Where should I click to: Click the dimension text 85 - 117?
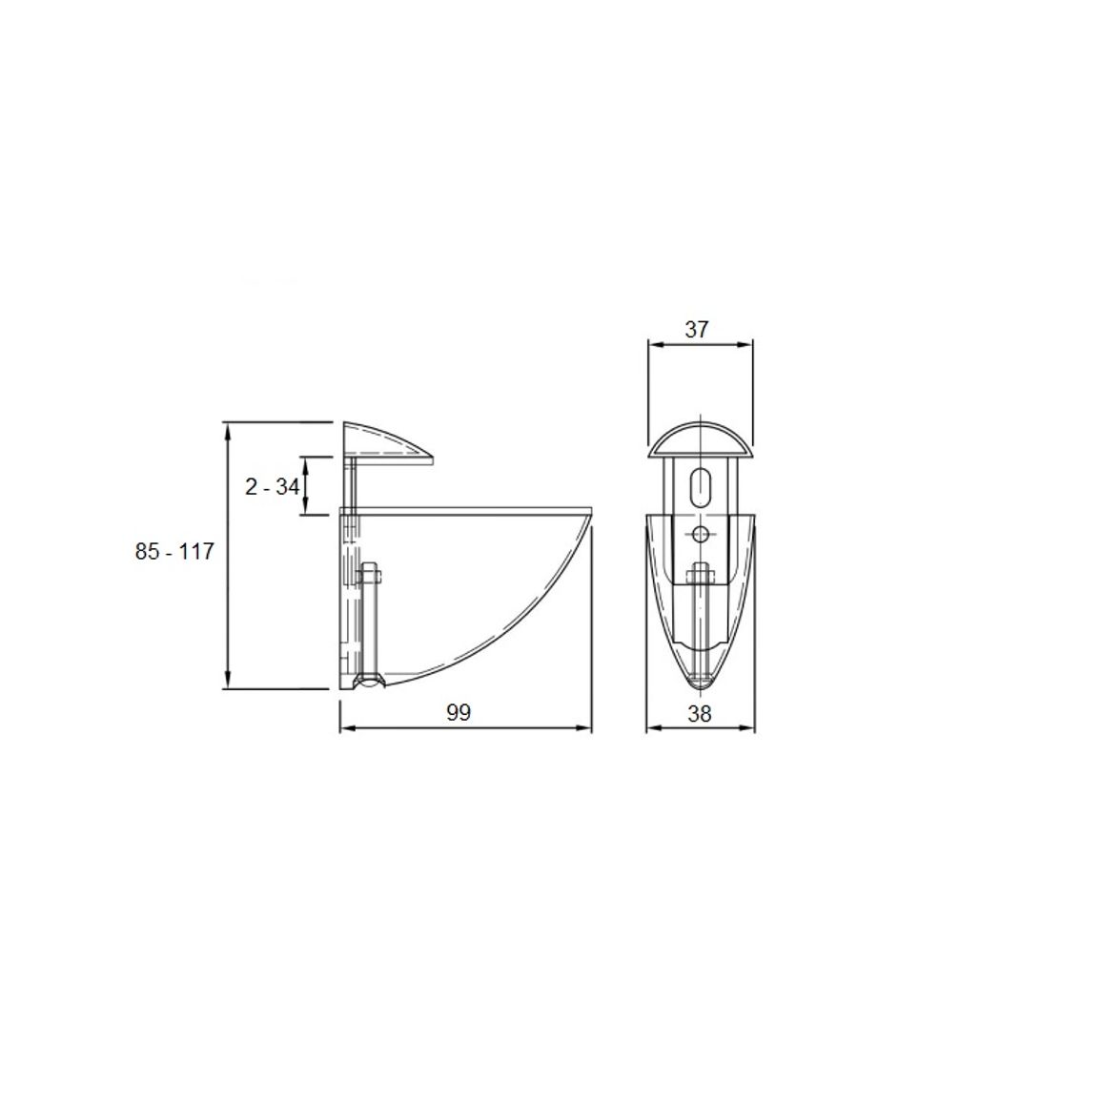[x=174, y=552]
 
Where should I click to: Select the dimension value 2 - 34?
[x=272, y=486]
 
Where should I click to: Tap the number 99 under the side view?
[x=459, y=713]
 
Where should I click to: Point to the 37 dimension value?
[x=697, y=329]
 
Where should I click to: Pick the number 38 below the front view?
[x=700, y=714]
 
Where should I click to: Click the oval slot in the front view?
[x=700, y=486]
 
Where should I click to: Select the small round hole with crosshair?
[x=700, y=535]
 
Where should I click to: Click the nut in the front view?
[x=700, y=577]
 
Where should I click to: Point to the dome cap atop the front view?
[x=700, y=439]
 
